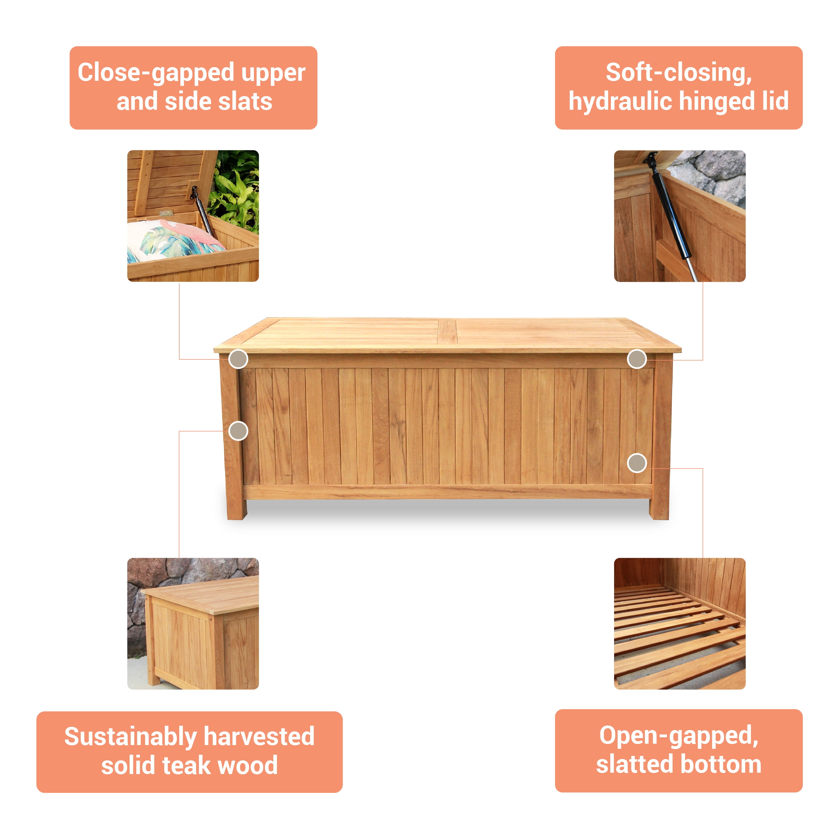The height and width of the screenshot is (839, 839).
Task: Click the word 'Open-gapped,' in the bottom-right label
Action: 679,736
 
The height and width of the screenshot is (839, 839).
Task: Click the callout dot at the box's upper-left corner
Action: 238,359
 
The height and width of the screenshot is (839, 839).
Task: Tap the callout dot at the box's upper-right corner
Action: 637,359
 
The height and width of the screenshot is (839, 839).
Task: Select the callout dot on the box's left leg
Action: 238,431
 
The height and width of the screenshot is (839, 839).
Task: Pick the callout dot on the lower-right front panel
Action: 637,463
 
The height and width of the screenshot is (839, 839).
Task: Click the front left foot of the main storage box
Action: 237,508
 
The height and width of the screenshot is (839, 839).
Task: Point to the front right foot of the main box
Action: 659,508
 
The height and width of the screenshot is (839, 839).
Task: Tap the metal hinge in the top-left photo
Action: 165,214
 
